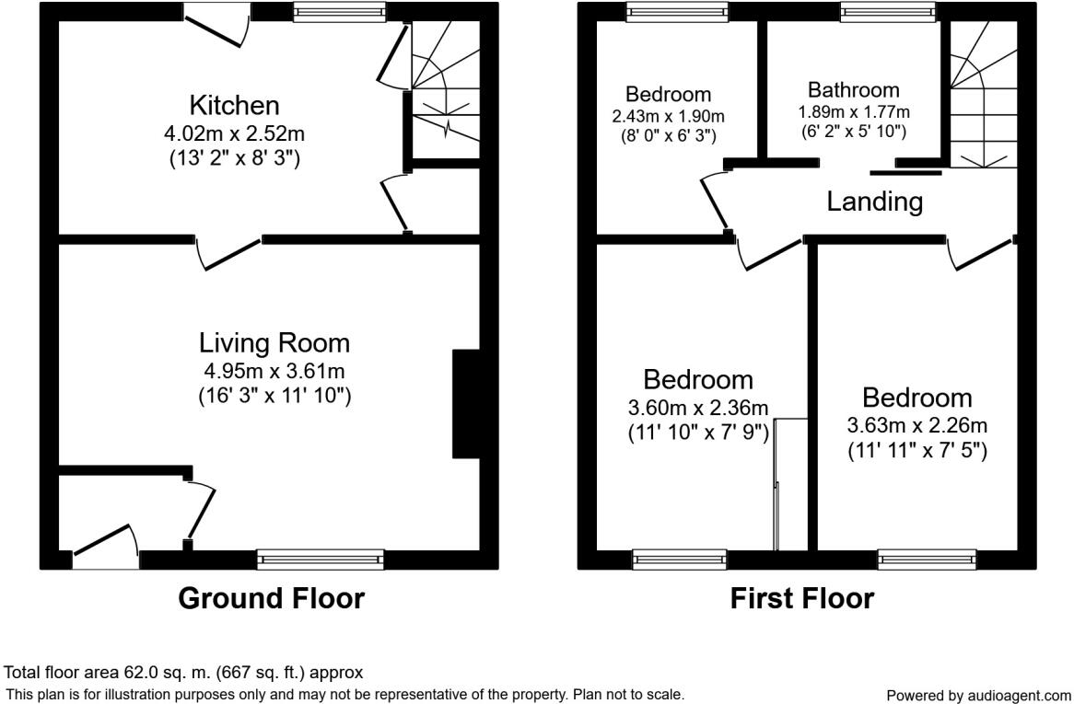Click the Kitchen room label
pyautogui.click(x=234, y=104)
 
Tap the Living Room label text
pyautogui.click(x=274, y=343)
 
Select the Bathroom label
pyautogui.click(x=853, y=90)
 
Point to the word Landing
pyautogui.click(x=874, y=202)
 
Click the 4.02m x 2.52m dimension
pyautogui.click(x=234, y=134)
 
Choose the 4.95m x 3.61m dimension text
pyautogui.click(x=274, y=372)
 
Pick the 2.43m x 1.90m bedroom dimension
pyautogui.click(x=668, y=116)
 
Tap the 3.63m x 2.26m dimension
pyautogui.click(x=916, y=426)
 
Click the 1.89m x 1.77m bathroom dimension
pyautogui.click(x=853, y=112)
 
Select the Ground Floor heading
pyautogui.click(x=271, y=598)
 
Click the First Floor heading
pyautogui.click(x=801, y=598)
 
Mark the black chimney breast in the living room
pyautogui.click(x=466, y=403)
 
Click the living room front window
pyautogui.click(x=321, y=559)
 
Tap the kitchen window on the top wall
pyautogui.click(x=339, y=11)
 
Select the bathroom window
pyautogui.click(x=887, y=11)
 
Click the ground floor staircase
pyautogui.click(x=445, y=87)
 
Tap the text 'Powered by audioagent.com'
pyautogui.click(x=978, y=696)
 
